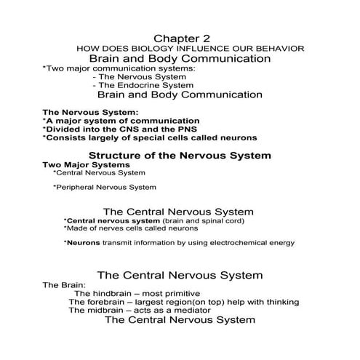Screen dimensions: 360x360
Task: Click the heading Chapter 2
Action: [x=179, y=37]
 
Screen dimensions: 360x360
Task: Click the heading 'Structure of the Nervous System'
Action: [x=180, y=155]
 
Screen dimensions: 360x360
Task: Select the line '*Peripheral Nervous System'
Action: [x=105, y=187]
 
